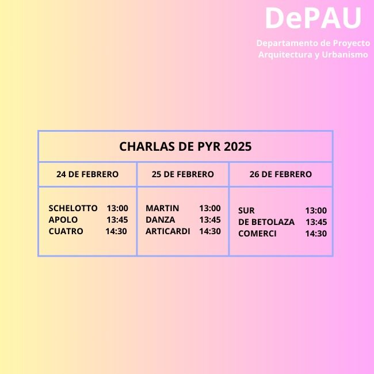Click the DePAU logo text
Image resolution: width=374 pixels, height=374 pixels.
click(x=313, y=18)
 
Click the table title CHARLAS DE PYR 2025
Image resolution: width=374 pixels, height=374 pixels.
click(x=185, y=147)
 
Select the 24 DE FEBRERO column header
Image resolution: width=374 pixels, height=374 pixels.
click(x=87, y=174)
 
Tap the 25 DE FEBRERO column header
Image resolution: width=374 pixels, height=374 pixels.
click(x=183, y=174)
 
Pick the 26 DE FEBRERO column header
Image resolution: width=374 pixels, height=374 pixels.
click(x=281, y=174)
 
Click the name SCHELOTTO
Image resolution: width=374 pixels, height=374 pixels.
click(x=73, y=208)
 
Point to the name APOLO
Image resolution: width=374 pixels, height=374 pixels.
click(x=63, y=220)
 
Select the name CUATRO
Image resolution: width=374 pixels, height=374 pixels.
click(x=66, y=231)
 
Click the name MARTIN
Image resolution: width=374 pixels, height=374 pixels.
click(x=162, y=208)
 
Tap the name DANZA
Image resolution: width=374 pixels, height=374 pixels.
click(x=161, y=220)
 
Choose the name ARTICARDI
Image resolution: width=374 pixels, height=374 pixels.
click(x=168, y=231)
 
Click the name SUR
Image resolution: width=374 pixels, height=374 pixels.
click(x=246, y=211)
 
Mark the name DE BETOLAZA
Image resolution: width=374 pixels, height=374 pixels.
click(x=266, y=222)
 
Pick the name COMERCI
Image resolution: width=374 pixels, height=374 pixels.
click(x=257, y=234)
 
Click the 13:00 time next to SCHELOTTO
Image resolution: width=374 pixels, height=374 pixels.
click(x=117, y=208)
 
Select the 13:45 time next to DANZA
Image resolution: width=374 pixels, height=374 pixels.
click(x=210, y=220)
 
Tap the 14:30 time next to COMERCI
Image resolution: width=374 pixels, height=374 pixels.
click(x=316, y=234)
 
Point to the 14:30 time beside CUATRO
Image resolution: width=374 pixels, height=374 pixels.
click(x=116, y=231)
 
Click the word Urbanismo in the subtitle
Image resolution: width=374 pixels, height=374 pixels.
click(x=345, y=55)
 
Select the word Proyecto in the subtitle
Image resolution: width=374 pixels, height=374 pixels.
click(x=352, y=43)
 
